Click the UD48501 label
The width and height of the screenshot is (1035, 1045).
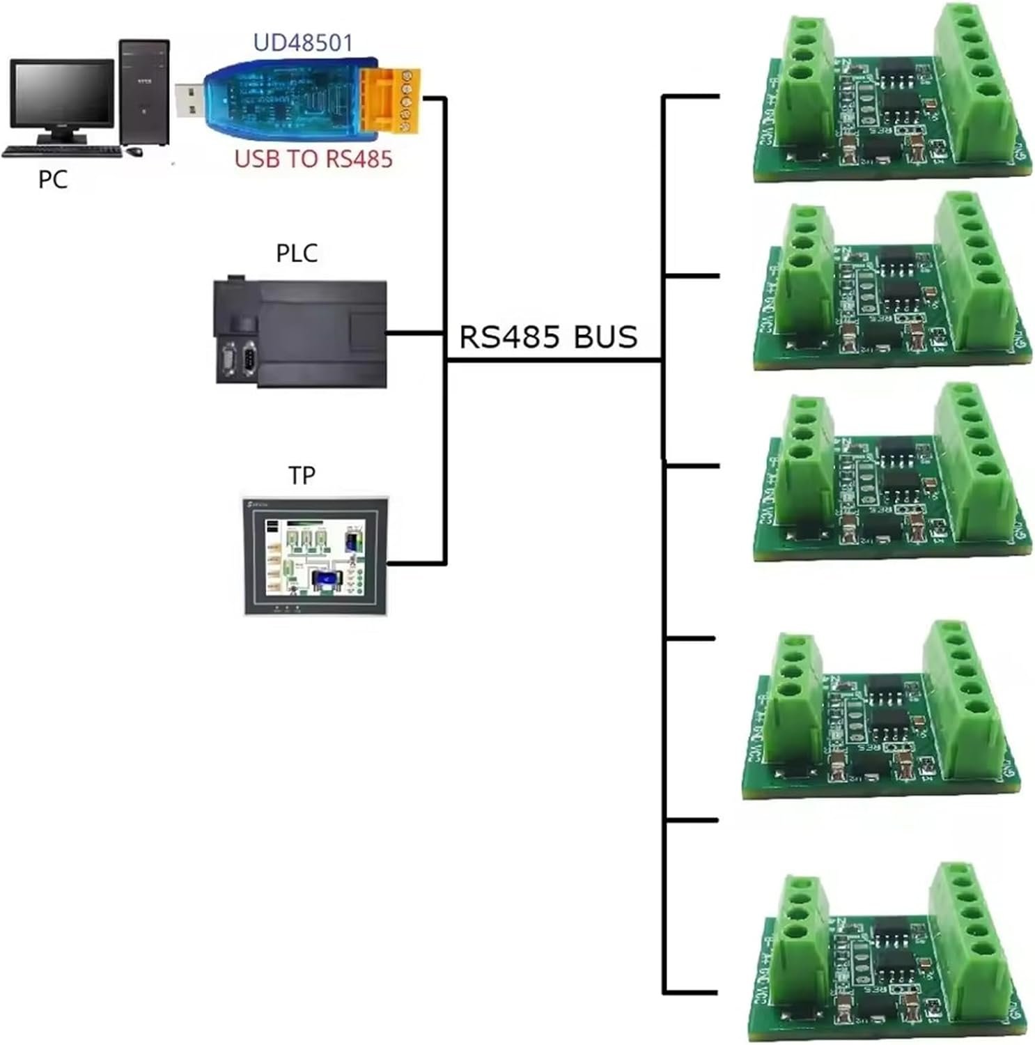[303, 42]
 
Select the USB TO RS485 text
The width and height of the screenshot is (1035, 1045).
[313, 159]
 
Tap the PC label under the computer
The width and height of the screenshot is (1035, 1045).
[52, 180]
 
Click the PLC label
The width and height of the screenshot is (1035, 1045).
[297, 253]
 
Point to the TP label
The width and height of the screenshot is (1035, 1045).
[302, 475]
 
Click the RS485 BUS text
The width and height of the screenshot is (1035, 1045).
[548, 337]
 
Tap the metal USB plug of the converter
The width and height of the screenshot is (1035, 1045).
[189, 100]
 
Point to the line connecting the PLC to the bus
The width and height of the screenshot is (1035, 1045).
[416, 333]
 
